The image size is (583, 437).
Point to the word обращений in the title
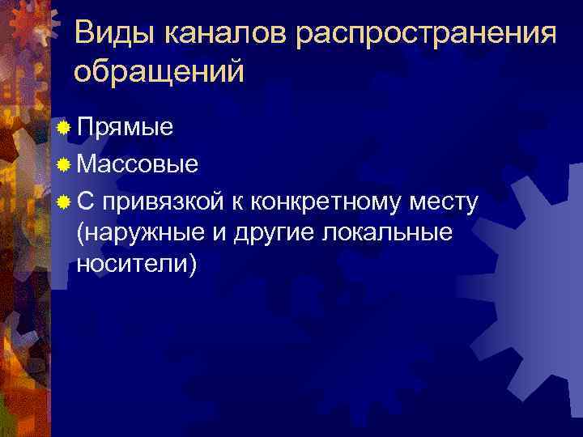click(158, 72)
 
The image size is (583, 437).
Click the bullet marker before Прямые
click(64, 127)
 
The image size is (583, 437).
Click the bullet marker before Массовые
click(64, 165)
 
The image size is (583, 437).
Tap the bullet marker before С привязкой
click(64, 200)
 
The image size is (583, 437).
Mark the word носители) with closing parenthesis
click(135, 265)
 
